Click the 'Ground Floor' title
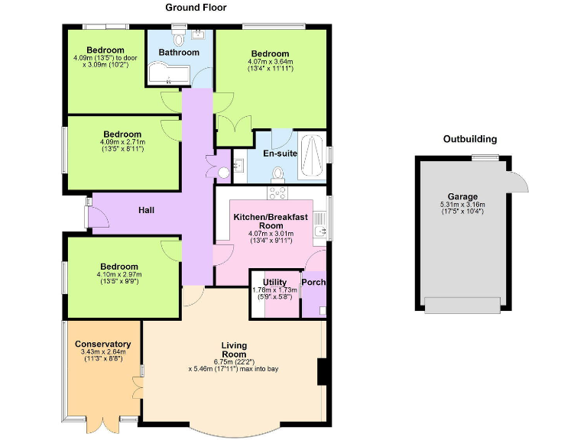coord(196,8)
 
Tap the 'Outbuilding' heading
coord(470,139)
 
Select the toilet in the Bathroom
coord(180,38)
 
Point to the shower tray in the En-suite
coord(311,157)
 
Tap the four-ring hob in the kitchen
coord(277,193)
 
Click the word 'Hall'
coord(148,209)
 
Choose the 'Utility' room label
coord(274,283)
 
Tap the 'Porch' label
coord(313,282)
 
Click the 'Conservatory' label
coord(102,344)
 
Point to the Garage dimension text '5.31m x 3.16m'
coord(462,205)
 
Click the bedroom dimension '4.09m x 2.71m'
coord(122,142)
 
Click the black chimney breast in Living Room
coord(323,372)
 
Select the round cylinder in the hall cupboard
coord(224,173)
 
